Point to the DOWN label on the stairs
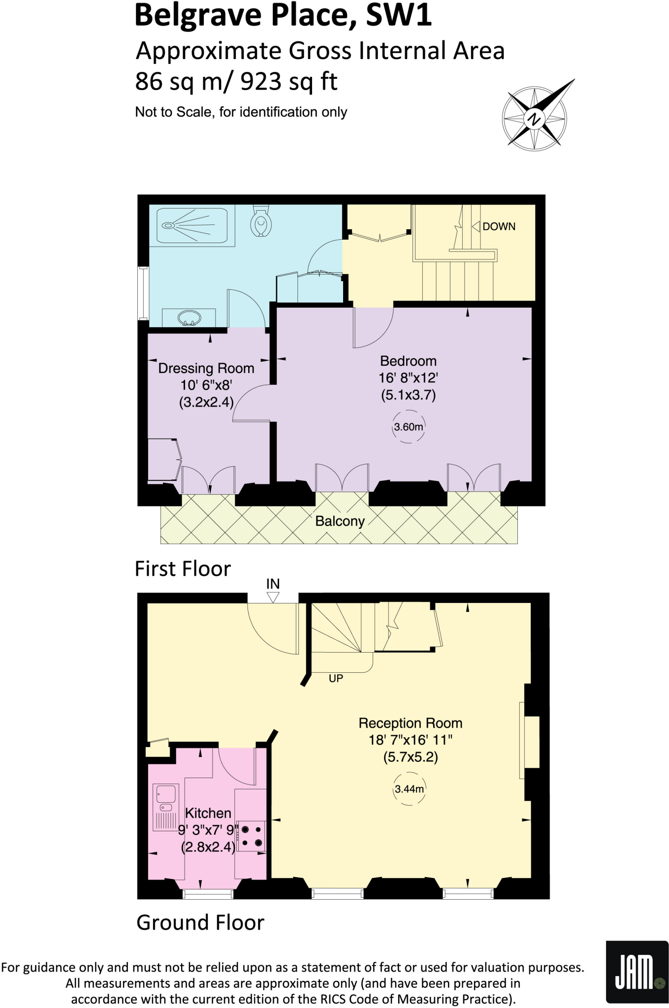(x=499, y=226)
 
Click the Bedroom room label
(x=408, y=361)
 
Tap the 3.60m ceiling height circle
(x=408, y=427)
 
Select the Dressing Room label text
(x=206, y=368)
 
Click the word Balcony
(x=340, y=521)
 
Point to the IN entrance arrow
(x=273, y=597)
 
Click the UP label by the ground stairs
(x=336, y=678)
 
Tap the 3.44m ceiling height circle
(x=409, y=789)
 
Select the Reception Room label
(x=410, y=723)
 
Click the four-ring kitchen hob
(x=252, y=836)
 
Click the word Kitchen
(x=208, y=813)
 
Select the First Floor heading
(x=183, y=568)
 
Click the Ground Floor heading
(x=200, y=922)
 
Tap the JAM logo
(x=636, y=972)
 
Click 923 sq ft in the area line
(x=289, y=82)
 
